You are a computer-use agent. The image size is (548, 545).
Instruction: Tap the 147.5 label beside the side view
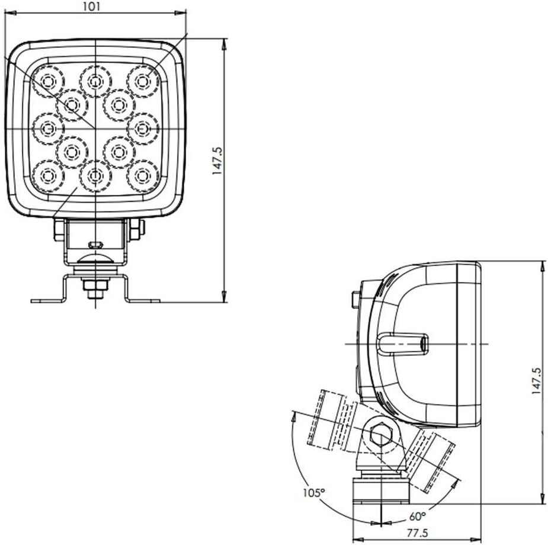[536, 381]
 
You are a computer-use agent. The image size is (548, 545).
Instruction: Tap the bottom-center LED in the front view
[95, 176]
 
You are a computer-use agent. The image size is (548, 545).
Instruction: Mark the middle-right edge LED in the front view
[143, 127]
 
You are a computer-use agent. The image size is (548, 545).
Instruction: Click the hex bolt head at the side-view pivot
[379, 437]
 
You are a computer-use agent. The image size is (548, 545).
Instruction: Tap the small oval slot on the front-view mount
[95, 245]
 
